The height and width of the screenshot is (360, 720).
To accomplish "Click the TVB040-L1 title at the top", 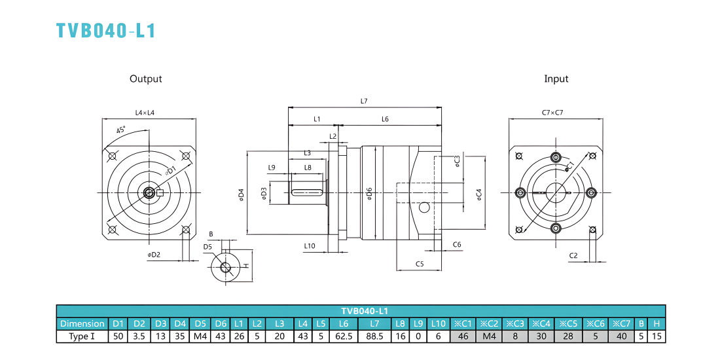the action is click(106, 30).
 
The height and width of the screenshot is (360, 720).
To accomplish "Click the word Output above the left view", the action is click(145, 79).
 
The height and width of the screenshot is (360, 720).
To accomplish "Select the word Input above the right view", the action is click(556, 79).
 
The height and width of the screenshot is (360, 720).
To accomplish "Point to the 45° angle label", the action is click(121, 130).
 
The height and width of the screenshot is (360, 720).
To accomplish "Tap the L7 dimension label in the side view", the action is click(364, 101).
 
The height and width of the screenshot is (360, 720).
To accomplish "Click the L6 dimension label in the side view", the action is click(386, 119).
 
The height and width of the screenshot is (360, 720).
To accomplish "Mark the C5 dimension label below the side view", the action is click(419, 264).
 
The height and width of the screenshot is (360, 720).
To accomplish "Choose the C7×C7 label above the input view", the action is click(554, 113).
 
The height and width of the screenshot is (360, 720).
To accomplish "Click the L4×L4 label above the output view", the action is click(145, 113).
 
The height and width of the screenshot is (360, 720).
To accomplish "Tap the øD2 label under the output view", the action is click(154, 255).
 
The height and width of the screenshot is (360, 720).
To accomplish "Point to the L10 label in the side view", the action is click(310, 246).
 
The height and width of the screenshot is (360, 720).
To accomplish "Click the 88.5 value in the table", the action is click(374, 336).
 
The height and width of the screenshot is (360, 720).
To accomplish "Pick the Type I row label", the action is click(82, 336).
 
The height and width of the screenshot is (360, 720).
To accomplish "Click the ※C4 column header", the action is click(541, 323).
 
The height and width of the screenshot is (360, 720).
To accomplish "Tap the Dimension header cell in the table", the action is click(82, 323).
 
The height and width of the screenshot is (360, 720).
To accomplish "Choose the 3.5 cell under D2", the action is click(139, 336).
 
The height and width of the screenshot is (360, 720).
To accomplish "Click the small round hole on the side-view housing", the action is click(424, 208).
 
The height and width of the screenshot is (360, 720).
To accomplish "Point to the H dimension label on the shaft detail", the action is click(245, 266).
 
